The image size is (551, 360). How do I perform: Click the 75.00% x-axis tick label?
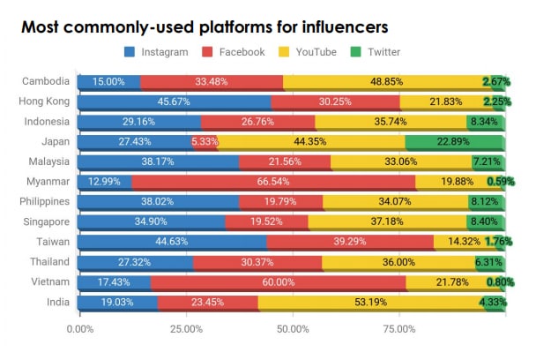point(398,329)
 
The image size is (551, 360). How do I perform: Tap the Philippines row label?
point(41,201)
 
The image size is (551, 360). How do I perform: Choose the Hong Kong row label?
point(42,101)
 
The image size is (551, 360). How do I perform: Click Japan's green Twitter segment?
point(455,141)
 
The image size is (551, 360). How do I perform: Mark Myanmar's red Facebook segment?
point(273,181)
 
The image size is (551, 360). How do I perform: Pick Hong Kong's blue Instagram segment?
point(175,101)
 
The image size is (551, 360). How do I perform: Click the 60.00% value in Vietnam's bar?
point(278,281)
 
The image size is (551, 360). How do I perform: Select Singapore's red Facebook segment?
point(267,221)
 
